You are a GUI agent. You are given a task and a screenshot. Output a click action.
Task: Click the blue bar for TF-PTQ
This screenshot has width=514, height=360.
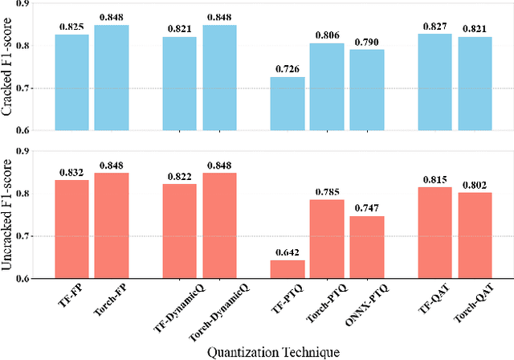[x=287, y=103]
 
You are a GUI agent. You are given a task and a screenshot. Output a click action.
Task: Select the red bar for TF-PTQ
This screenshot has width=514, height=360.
[x=287, y=269]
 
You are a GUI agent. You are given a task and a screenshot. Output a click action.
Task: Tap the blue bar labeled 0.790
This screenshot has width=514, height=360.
[x=365, y=89]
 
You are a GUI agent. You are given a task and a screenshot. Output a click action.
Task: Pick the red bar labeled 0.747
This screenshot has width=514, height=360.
[x=365, y=247]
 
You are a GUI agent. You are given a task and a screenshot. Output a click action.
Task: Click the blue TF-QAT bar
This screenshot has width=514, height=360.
[x=434, y=81]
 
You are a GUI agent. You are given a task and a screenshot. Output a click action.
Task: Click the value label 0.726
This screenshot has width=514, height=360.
[x=287, y=71]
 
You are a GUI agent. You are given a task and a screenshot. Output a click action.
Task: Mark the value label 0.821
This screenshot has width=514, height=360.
[x=179, y=28]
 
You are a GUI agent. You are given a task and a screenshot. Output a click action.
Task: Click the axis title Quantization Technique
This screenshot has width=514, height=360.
[x=273, y=350]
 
